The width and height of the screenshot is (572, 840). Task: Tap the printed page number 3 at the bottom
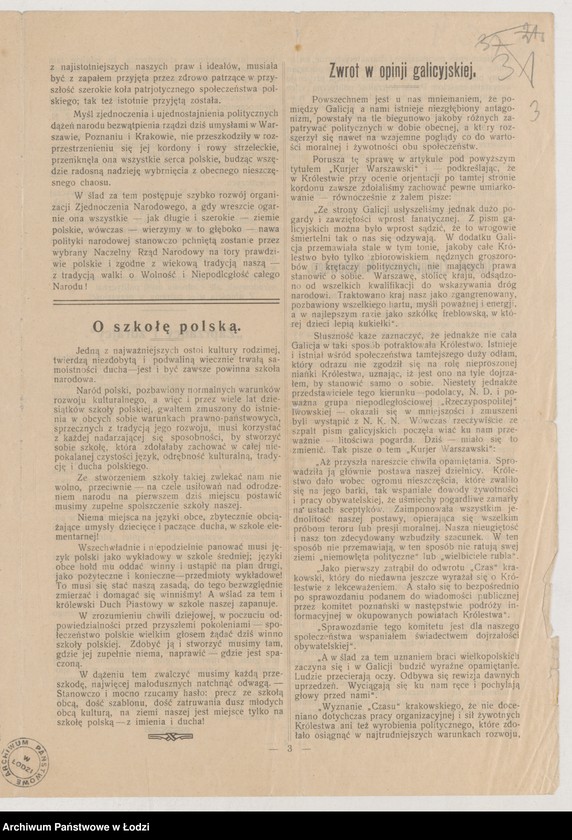click(x=290, y=747)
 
